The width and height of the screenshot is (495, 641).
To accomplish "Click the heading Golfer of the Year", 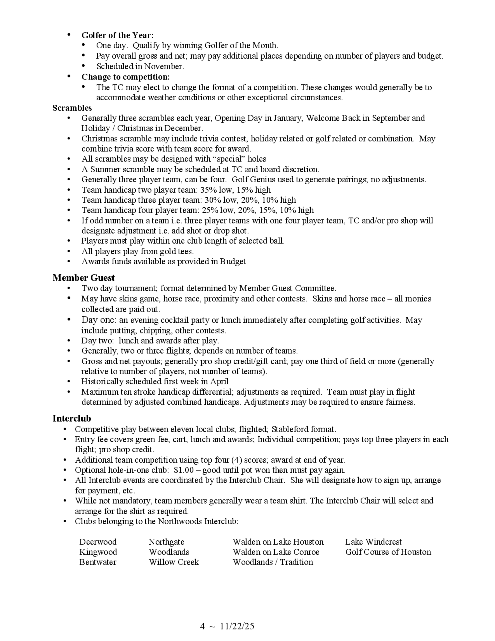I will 117,35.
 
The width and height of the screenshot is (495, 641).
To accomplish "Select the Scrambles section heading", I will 72,108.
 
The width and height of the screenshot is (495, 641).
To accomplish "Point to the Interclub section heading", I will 72,418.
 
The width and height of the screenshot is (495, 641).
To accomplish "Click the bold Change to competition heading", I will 125,77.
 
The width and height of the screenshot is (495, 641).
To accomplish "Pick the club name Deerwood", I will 98,542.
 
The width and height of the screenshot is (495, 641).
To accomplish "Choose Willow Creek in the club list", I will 173,562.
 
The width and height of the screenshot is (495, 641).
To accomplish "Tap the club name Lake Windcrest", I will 373,542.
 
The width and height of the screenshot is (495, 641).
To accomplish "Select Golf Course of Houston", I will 388,552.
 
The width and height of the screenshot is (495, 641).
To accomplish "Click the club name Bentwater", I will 98,562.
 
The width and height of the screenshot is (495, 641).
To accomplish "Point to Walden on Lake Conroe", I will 276,552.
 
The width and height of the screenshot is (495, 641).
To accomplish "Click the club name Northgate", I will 166,542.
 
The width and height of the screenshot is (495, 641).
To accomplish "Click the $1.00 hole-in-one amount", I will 184,470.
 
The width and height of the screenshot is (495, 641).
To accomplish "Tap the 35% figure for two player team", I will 208,190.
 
